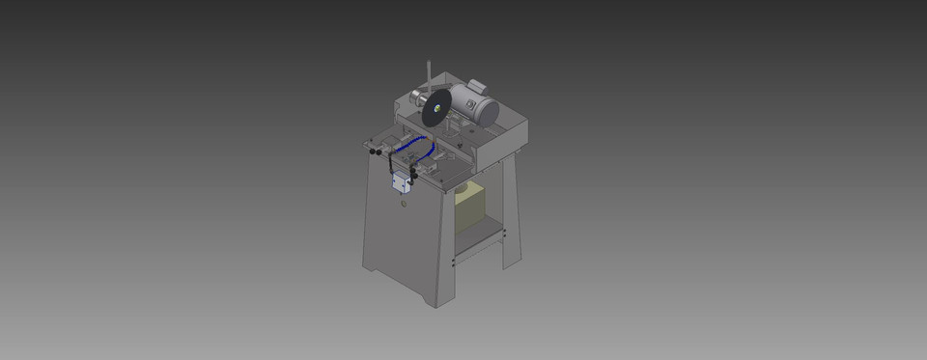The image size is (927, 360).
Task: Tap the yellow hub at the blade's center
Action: tap(437, 110)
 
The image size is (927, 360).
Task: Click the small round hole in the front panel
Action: tap(405, 202)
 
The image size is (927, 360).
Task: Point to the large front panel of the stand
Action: tap(401, 241)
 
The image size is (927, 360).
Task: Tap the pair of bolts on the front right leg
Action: tap(452, 262)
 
